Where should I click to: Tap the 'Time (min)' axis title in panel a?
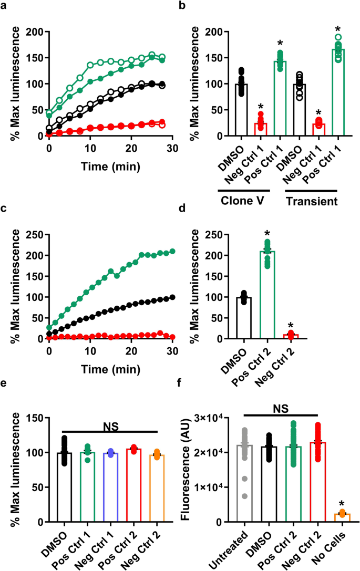pyautogui.click(x=110, y=167)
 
